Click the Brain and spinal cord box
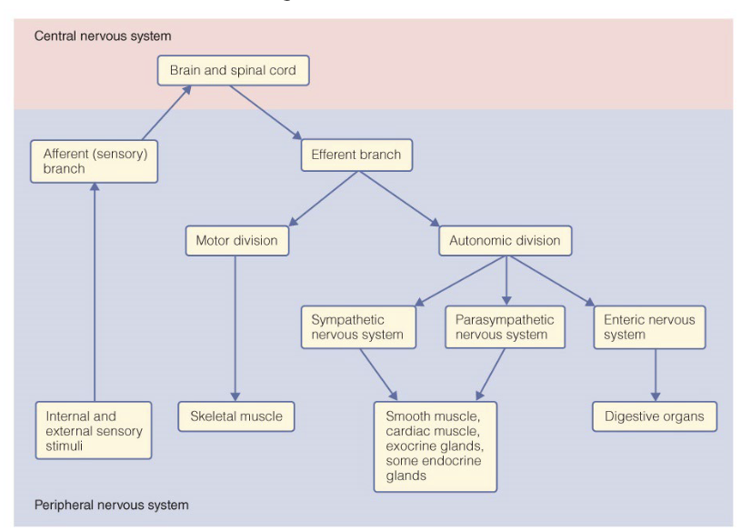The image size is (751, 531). [x=233, y=70]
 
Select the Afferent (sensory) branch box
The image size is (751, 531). [x=94, y=161]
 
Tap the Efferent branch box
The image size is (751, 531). [x=355, y=155]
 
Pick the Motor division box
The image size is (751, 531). [x=236, y=241]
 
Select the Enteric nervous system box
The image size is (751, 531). [x=649, y=327]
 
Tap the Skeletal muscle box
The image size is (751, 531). [x=236, y=416]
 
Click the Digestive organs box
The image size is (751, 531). [x=655, y=416]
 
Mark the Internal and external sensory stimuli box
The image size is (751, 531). [x=94, y=432]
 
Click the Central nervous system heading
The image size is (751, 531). [x=102, y=36]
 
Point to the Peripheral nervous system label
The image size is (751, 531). [x=112, y=505]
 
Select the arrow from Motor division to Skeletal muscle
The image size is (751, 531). [x=235, y=327]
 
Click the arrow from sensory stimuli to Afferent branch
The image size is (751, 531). [x=94, y=291]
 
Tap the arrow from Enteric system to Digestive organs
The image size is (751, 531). [x=655, y=375]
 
